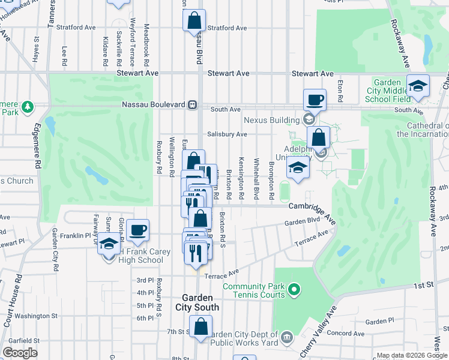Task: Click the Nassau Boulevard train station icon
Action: (193, 104)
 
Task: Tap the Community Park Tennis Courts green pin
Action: (294, 291)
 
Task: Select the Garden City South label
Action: (197, 302)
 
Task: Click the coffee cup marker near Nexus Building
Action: (315, 99)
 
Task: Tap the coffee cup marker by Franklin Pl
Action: (137, 230)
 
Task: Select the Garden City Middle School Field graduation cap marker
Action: (418, 85)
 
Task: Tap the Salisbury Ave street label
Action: (227, 134)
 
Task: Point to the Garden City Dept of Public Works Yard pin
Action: (287, 335)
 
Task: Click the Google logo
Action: (20, 353)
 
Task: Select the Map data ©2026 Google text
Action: (411, 355)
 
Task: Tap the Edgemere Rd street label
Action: (37, 144)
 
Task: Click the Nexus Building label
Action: (276, 120)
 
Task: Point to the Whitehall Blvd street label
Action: (256, 179)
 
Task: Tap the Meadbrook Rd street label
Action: (146, 44)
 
